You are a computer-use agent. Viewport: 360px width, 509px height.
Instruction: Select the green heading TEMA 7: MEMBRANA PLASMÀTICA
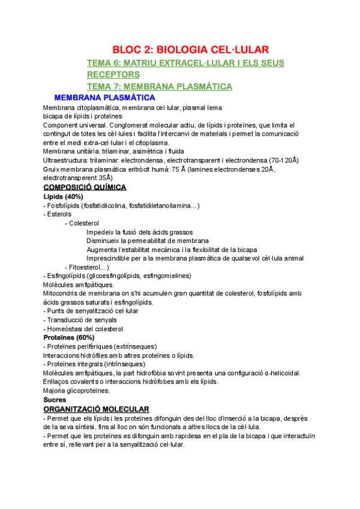[x=160, y=86]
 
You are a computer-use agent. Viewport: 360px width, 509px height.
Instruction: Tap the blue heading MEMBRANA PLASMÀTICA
[x=104, y=97]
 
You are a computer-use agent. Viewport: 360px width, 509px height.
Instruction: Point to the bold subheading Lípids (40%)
[x=63, y=196]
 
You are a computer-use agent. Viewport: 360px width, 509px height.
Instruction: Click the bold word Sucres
[x=55, y=399]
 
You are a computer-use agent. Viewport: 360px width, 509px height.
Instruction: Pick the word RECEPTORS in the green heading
[x=113, y=74]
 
